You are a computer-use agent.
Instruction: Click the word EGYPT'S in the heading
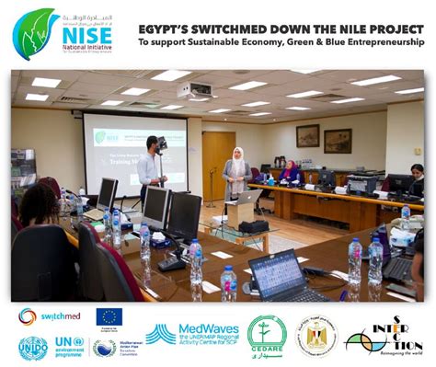click(x=167, y=28)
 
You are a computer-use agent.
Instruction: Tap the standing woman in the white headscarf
click(x=235, y=172)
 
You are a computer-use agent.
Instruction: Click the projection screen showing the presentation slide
click(x=136, y=152)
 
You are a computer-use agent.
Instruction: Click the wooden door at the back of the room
click(x=219, y=160)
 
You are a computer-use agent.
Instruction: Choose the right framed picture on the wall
click(x=338, y=139)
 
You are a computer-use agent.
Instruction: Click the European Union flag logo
click(x=109, y=318)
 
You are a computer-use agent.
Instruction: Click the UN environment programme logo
click(x=69, y=348)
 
